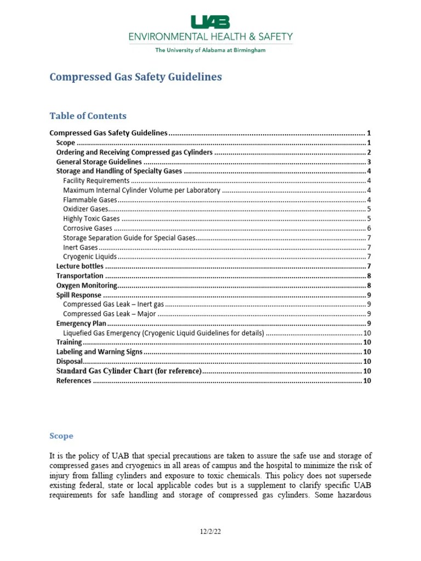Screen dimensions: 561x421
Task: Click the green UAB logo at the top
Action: pyautogui.click(x=210, y=22)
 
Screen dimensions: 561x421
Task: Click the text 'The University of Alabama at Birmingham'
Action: pyautogui.click(x=210, y=50)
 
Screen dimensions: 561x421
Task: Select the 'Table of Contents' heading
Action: pyautogui.click(x=88, y=116)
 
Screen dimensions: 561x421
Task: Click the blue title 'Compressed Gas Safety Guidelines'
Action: pyautogui.click(x=135, y=77)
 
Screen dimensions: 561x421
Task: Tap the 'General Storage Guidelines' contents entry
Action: pyautogui.click(x=99, y=162)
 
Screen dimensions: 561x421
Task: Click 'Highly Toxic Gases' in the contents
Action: pyautogui.click(x=91, y=219)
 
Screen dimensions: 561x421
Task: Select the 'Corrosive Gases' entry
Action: pyautogui.click(x=88, y=228)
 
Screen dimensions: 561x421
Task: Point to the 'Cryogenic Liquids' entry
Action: pyautogui.click(x=90, y=256)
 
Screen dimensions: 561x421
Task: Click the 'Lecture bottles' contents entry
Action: pyautogui.click(x=80, y=266)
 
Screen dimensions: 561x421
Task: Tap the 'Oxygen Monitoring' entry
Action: pyautogui.click(x=87, y=285)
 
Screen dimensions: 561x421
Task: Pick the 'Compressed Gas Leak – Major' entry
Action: pyautogui.click(x=110, y=314)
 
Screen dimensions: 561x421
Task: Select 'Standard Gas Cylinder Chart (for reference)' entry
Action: pyautogui.click(x=129, y=371)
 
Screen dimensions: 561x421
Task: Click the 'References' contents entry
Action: pyautogui.click(x=74, y=381)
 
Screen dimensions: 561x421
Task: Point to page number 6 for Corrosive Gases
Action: pyautogui.click(x=369, y=228)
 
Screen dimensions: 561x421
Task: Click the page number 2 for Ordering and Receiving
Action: pyautogui.click(x=369, y=152)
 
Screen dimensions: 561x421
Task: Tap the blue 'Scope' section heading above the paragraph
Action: pyautogui.click(x=61, y=436)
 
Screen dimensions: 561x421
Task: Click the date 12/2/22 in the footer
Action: pyautogui.click(x=210, y=531)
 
